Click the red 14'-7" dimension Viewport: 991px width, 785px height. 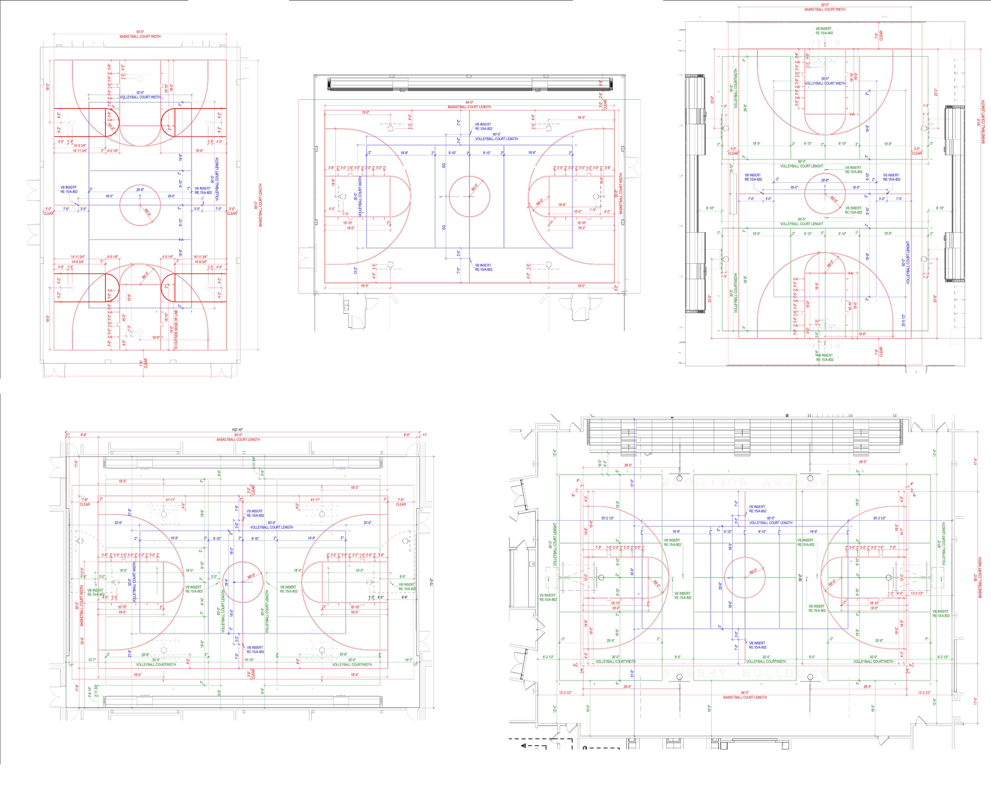(x=901, y=532)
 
